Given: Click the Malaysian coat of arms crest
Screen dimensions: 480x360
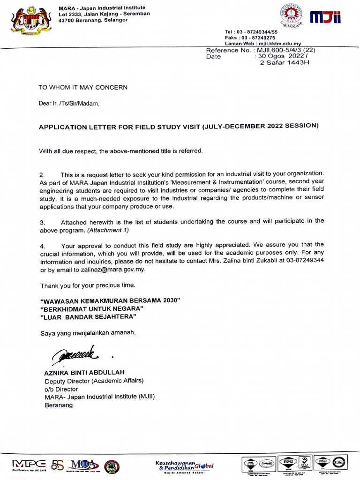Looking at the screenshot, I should (31, 20).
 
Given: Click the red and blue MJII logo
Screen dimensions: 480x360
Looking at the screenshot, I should (325, 17).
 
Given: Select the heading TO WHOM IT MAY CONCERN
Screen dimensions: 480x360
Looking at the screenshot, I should (83, 87).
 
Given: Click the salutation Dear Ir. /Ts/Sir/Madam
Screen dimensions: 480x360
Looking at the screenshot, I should (69, 104).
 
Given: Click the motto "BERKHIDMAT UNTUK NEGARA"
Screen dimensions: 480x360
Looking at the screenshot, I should (92, 308).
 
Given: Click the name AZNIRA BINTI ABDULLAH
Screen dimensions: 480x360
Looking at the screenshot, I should (84, 372).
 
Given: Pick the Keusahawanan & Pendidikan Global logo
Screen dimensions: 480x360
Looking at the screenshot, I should (184, 465).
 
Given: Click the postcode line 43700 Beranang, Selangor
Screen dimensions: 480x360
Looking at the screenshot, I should (93, 20).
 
